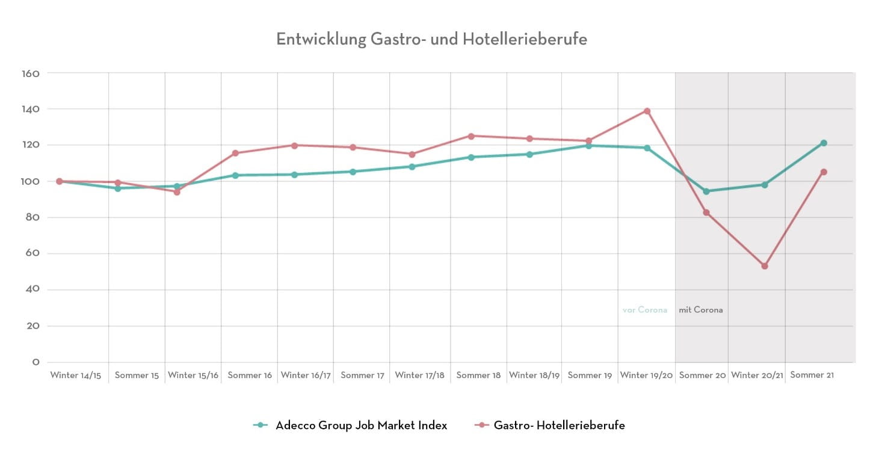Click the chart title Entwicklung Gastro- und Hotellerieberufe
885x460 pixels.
tap(431, 39)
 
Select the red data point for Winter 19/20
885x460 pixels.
tap(647, 111)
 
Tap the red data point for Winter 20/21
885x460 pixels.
tap(765, 266)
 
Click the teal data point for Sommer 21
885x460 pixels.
tap(824, 143)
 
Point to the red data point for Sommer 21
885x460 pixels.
tap(824, 172)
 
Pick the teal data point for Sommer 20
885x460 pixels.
tap(706, 191)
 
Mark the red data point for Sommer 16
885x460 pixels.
tap(235, 153)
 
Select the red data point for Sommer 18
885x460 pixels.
tap(471, 136)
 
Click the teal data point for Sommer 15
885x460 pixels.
tap(118, 188)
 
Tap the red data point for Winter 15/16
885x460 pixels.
tap(177, 192)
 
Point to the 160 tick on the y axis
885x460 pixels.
tap(31, 73)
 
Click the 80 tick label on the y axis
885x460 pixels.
tap(34, 217)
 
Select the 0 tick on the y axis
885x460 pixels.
tap(36, 362)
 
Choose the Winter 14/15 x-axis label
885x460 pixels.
tap(76, 375)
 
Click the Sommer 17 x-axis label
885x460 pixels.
tap(362, 375)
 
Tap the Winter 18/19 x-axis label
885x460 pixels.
tap(534, 375)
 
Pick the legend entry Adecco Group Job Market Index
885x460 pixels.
tap(361, 425)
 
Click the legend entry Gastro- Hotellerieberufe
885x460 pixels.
tap(559, 425)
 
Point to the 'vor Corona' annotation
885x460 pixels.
tap(645, 310)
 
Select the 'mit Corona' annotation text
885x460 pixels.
tap(701, 310)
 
